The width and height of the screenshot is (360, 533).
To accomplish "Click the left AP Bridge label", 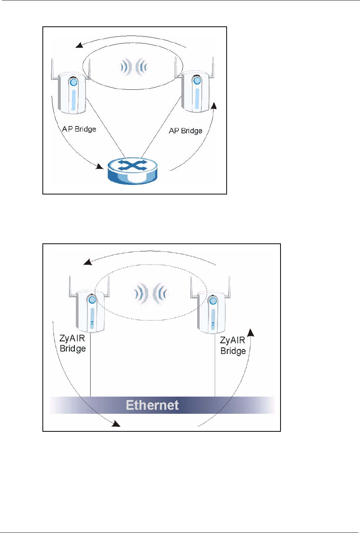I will (79, 129).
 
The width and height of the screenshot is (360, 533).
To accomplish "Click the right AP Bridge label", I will (185, 131).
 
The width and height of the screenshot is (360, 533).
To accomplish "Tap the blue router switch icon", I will (132, 170).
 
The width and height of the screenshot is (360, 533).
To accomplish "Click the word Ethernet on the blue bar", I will (152, 405).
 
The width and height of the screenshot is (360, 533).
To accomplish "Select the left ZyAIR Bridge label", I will (73, 343).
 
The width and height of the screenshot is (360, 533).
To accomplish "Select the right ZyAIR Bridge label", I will (233, 345).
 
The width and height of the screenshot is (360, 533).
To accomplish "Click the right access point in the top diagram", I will (195, 92).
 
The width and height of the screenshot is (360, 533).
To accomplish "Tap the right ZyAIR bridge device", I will (211, 311).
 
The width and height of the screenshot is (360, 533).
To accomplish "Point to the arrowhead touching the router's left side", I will (100, 167).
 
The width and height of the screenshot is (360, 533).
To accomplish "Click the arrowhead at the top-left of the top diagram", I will (79, 45).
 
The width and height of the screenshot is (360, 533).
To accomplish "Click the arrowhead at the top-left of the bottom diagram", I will (88, 262).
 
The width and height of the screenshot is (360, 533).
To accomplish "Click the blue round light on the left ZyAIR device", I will (92, 300).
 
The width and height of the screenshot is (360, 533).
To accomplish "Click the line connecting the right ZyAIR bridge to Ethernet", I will (215, 367).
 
